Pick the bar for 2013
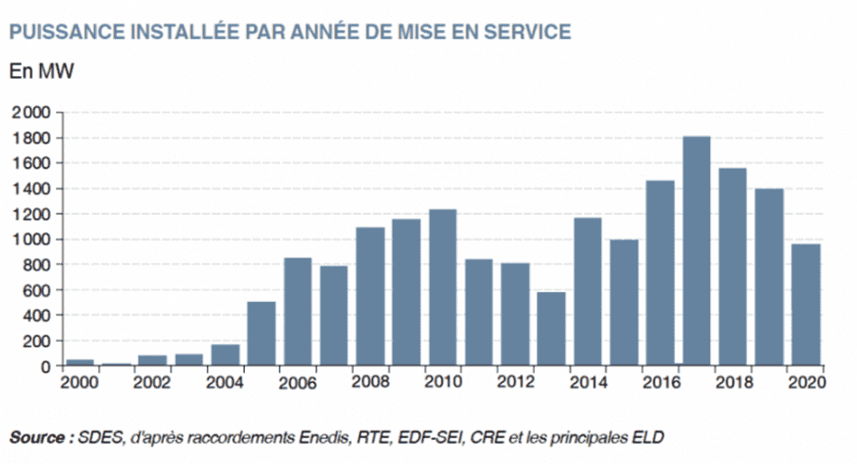click(x=551, y=329)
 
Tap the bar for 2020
click(x=805, y=305)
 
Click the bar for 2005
click(x=261, y=334)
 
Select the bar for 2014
click(x=588, y=291)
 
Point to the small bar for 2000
click(x=80, y=362)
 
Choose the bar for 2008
click(x=370, y=297)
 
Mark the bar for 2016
click(x=659, y=273)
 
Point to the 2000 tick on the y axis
click(x=33, y=112)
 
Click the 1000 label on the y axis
click(x=33, y=239)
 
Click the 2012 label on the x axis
click(x=515, y=383)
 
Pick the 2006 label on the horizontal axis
click(x=297, y=383)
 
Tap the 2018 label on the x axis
click(x=733, y=383)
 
